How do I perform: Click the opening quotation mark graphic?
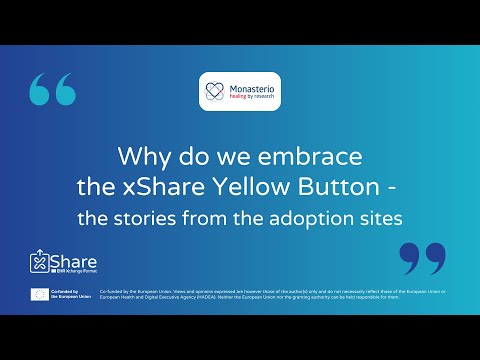[x=53, y=90]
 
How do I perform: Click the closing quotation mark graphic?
[x=422, y=257]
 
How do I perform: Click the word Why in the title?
[x=139, y=157]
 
